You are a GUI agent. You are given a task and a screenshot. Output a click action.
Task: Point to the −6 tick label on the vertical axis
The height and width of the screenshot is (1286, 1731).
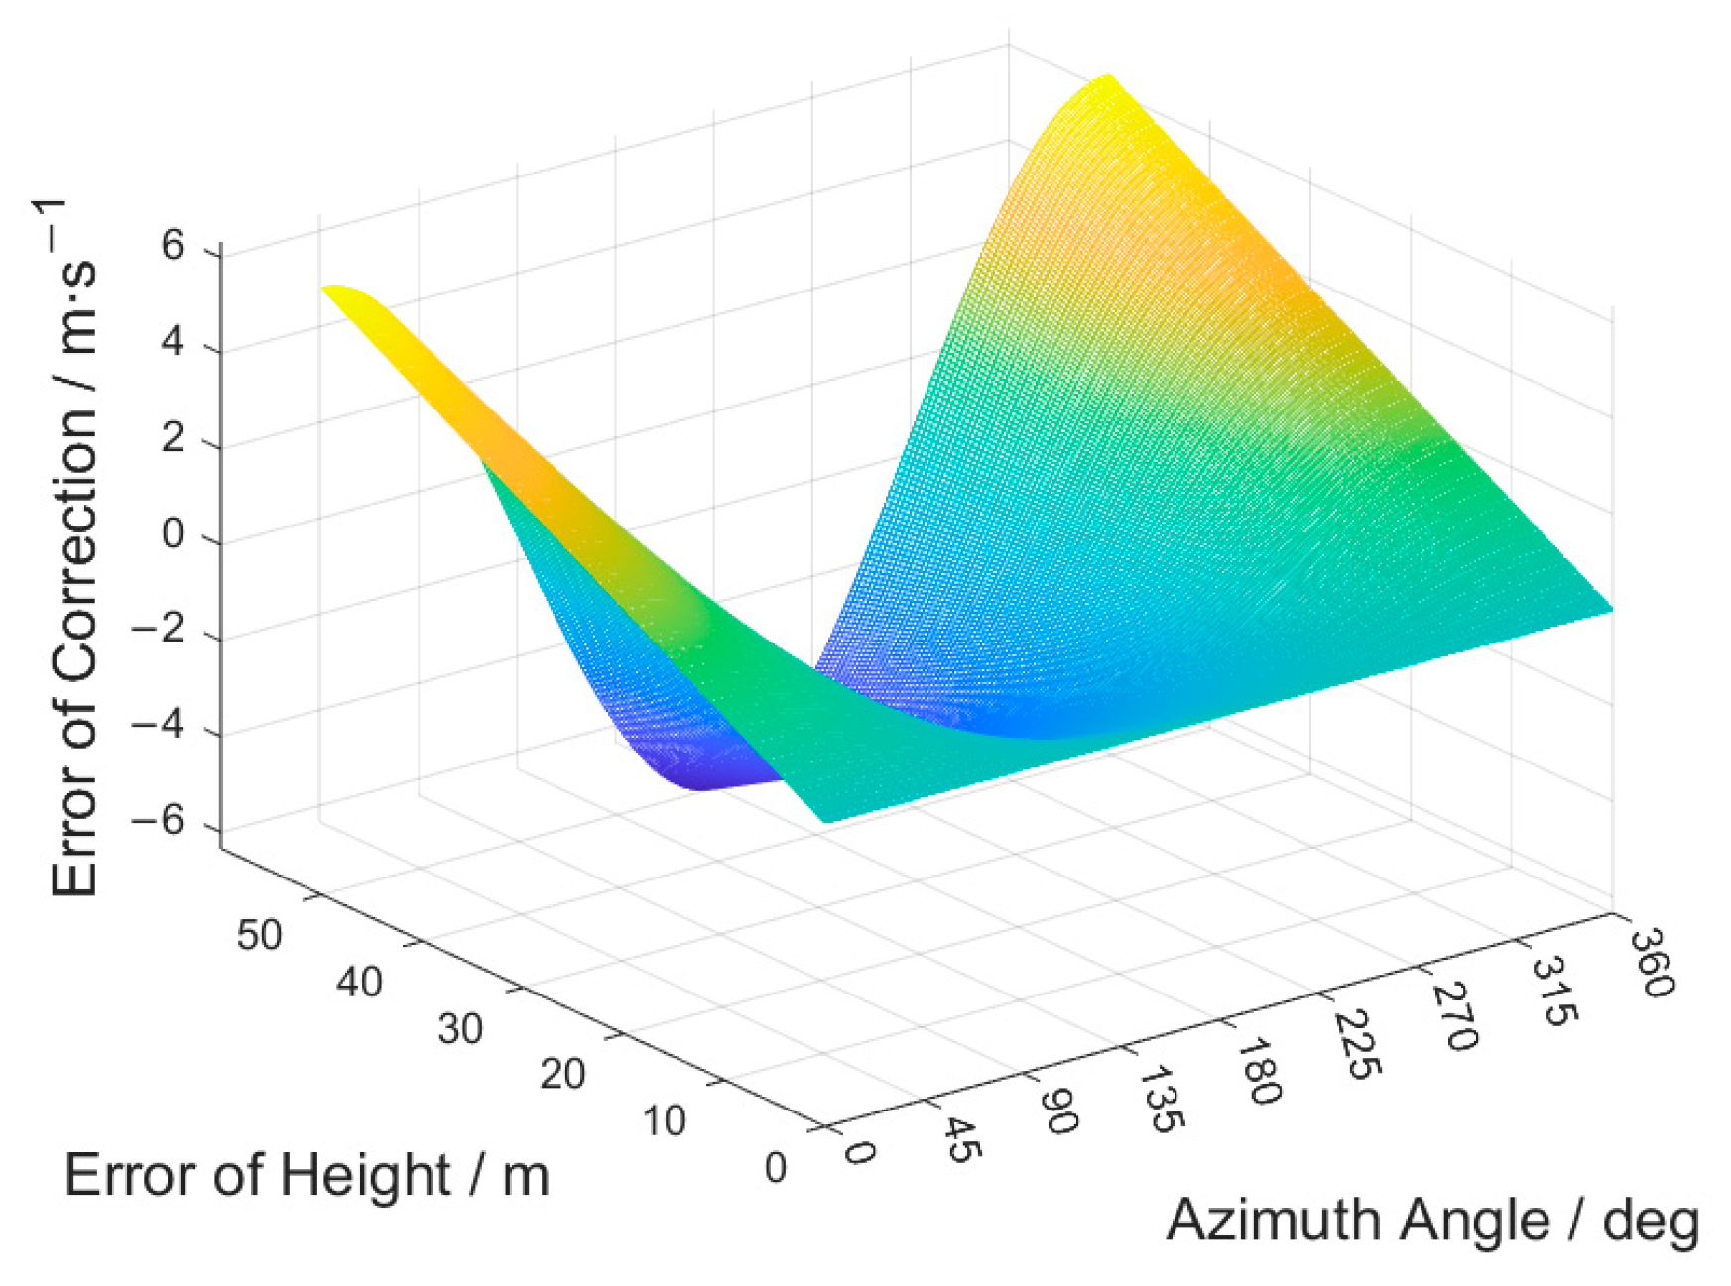point(159,821)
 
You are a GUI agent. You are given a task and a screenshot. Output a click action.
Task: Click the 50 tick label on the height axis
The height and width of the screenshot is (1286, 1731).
point(259,935)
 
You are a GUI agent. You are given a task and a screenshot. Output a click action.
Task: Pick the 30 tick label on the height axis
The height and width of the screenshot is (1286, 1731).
point(460,1029)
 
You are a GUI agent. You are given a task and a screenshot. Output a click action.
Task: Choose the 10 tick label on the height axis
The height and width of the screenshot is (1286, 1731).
point(664,1121)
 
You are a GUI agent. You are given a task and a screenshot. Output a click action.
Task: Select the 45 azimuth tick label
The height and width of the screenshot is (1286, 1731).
point(959,1140)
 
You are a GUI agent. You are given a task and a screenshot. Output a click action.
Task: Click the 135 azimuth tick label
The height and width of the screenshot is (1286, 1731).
point(1160,1099)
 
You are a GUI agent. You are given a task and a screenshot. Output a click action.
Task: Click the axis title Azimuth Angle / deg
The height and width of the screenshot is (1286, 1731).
point(1431,1220)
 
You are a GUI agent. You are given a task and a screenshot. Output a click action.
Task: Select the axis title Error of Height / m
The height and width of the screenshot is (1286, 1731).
point(306,1176)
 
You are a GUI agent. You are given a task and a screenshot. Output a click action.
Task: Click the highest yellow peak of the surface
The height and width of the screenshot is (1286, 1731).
point(1105,79)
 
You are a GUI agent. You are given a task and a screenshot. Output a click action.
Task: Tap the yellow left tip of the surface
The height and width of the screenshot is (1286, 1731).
point(332,290)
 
